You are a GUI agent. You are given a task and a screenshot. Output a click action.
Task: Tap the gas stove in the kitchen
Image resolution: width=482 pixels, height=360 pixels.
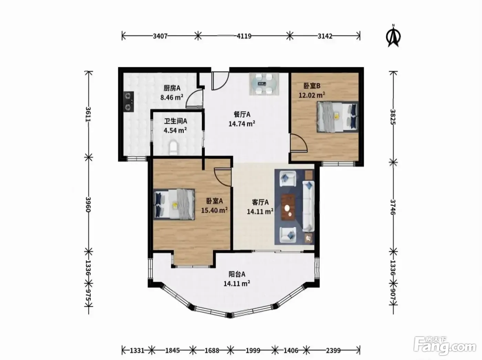pyautogui.click(x=129, y=102)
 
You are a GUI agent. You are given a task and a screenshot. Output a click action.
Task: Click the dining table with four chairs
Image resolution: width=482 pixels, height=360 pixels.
pyautogui.click(x=264, y=84)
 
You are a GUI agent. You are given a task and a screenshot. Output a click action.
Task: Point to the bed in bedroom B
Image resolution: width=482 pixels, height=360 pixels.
pyautogui.click(x=337, y=117)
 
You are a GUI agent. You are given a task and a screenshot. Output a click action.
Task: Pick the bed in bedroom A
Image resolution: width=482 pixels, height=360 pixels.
pyautogui.click(x=174, y=204)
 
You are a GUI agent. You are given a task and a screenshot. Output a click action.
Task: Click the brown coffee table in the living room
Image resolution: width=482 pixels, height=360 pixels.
pyautogui.click(x=288, y=207)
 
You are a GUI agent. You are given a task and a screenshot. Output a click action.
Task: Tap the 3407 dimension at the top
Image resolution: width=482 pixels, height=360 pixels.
pyautogui.click(x=160, y=36)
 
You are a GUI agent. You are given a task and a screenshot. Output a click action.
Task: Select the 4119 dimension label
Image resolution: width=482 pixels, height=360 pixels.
pyautogui.click(x=244, y=36)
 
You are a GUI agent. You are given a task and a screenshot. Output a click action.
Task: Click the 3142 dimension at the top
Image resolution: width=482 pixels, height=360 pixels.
pyautogui.click(x=325, y=36)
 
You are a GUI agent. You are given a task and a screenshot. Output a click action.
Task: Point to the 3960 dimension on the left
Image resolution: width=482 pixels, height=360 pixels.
pyautogui.click(x=88, y=204)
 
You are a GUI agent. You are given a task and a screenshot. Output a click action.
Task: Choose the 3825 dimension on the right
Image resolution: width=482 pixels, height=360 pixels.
pyautogui.click(x=393, y=117)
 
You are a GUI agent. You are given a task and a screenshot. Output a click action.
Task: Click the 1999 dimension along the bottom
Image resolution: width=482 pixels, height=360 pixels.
pyautogui.click(x=253, y=351)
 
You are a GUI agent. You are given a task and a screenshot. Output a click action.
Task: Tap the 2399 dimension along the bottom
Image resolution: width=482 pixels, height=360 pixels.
pyautogui.click(x=333, y=351)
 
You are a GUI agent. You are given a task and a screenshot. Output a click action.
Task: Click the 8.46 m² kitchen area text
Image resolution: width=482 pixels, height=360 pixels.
pyautogui.click(x=172, y=97)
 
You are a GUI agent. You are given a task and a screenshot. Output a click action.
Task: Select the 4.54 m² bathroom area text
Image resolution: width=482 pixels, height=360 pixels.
pyautogui.click(x=175, y=130)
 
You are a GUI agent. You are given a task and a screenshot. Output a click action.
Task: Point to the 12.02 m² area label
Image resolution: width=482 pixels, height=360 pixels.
pyautogui.click(x=312, y=95)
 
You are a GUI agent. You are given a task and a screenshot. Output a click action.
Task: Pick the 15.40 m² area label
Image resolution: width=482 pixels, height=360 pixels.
pyautogui.click(x=214, y=210)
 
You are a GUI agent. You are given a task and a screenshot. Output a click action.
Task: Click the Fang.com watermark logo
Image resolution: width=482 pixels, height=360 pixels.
pyautogui.click(x=445, y=346)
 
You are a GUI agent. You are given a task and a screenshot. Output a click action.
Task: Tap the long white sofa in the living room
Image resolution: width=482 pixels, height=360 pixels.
pyautogui.click(x=308, y=206)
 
